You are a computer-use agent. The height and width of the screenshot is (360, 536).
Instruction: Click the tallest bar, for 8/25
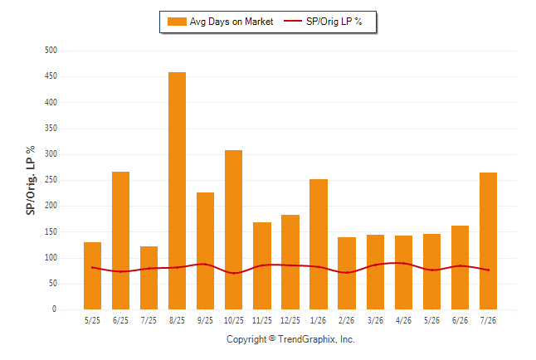tap(177, 191)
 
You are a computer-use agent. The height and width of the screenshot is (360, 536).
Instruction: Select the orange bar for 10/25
tap(233, 230)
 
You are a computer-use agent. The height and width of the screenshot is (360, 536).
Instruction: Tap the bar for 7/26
tap(488, 241)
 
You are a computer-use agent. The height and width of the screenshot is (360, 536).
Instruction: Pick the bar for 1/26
tap(319, 244)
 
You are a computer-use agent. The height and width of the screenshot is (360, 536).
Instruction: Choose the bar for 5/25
tap(92, 276)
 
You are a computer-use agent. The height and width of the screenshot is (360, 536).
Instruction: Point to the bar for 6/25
tap(120, 241)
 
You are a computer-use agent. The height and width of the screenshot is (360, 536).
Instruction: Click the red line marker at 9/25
tap(206, 264)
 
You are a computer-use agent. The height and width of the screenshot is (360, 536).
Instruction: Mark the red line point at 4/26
tap(404, 263)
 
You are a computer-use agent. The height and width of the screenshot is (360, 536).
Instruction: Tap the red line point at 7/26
tap(488, 270)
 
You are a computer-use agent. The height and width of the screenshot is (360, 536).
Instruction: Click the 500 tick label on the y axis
tap(51, 51)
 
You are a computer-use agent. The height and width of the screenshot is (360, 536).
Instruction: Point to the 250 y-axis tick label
tap(51, 180)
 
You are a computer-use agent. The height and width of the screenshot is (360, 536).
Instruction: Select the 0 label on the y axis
tap(54, 309)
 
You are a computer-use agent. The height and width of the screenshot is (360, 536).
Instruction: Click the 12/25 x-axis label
tap(290, 320)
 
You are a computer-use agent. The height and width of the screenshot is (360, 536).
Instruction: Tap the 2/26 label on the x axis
tap(347, 320)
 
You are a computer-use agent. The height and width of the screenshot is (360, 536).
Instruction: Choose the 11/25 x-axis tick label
tap(262, 320)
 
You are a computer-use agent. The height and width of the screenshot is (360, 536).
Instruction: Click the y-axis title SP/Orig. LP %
tap(31, 180)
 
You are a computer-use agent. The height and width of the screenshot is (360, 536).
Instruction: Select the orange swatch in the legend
tap(177, 22)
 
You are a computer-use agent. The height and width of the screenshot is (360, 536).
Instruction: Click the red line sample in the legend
tap(293, 22)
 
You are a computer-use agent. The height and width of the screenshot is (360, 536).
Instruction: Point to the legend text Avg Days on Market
tap(231, 22)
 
